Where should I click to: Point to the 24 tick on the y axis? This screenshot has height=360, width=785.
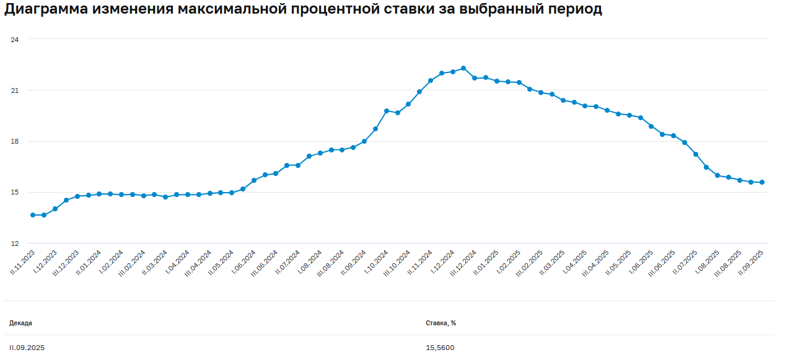click(15, 40)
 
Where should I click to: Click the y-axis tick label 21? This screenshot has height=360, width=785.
click(15, 90)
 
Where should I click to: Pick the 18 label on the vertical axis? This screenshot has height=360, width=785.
click(15, 141)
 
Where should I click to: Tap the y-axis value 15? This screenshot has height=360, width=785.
click(15, 192)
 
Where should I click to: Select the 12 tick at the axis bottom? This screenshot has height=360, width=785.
click(15, 243)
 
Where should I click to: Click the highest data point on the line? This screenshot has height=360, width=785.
click(463, 68)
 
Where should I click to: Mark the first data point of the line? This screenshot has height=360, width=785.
click(33, 215)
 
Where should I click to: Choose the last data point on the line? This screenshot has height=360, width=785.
click(761, 182)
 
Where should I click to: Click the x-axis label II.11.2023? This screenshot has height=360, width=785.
click(22, 263)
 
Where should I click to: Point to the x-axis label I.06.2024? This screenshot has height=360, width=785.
click(245, 263)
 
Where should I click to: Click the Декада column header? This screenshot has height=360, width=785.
click(20, 323)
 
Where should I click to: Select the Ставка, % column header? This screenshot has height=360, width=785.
click(441, 323)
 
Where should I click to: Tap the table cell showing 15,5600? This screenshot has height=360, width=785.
click(440, 348)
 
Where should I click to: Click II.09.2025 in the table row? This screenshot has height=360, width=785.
click(27, 348)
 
